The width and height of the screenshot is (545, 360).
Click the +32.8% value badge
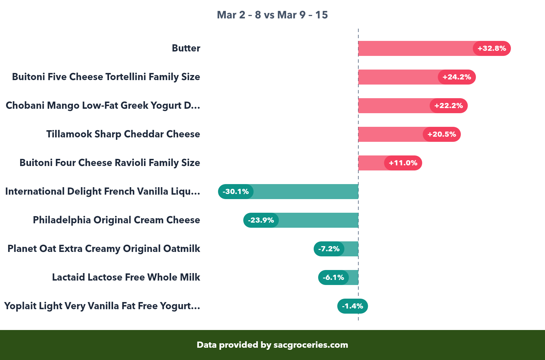492,48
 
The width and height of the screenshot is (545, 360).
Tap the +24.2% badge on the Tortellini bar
456,77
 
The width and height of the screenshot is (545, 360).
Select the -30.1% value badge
236,192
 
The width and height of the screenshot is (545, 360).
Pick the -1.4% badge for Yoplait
353,306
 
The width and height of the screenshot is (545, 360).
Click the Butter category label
186,48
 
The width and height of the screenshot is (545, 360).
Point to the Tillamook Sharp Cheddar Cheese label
123,134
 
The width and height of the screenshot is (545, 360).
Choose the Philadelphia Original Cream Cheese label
116,220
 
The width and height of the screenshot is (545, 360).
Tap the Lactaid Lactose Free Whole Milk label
126,277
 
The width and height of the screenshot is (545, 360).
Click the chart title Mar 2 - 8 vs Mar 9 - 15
272,15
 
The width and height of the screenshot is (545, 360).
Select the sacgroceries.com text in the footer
311,345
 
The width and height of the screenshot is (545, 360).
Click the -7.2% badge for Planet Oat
329,249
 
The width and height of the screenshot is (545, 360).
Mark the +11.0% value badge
403,163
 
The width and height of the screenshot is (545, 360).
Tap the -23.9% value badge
261,220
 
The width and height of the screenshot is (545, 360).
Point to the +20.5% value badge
441,134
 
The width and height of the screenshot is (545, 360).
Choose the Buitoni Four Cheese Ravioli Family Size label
110,163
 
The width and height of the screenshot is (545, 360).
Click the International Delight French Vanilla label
103,191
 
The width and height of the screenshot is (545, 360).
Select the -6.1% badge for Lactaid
333,277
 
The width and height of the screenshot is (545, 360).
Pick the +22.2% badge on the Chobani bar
448,106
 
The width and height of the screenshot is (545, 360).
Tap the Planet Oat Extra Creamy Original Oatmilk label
104,249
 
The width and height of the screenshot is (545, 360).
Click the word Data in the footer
207,345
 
